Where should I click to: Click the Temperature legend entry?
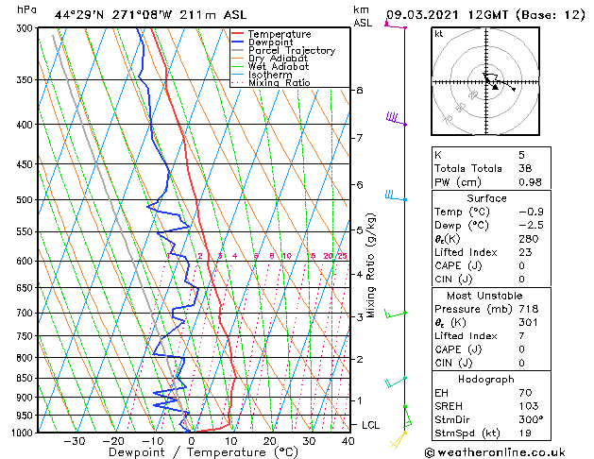coord(280,34)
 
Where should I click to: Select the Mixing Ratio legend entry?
coord(279,84)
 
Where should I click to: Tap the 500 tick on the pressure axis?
coord(25,200)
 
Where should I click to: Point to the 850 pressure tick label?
coord(25,378)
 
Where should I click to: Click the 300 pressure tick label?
coord(25,29)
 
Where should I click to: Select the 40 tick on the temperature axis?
coord(348,441)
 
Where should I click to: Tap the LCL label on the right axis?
coord(370,425)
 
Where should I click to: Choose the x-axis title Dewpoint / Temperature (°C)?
coord(191,452)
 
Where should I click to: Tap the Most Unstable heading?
coord(501,295)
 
